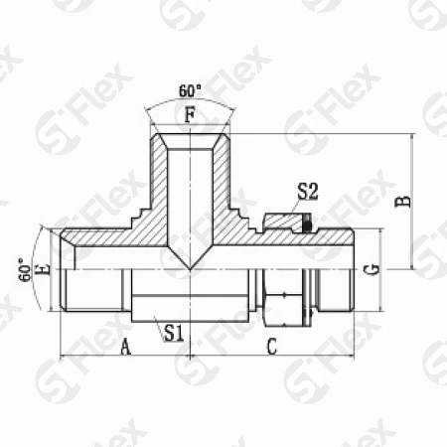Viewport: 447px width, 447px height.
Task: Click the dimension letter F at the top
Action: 190,115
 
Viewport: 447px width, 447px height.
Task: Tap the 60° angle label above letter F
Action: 190,91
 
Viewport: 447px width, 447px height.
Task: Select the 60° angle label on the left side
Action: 25,270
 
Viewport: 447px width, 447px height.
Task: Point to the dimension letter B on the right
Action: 403,201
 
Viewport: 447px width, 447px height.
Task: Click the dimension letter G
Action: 372,270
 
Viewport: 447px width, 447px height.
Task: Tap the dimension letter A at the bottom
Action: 125,347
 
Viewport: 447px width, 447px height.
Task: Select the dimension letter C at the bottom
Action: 272,347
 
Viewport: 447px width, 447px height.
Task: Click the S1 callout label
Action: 174,333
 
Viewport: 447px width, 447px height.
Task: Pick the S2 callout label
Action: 308,192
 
